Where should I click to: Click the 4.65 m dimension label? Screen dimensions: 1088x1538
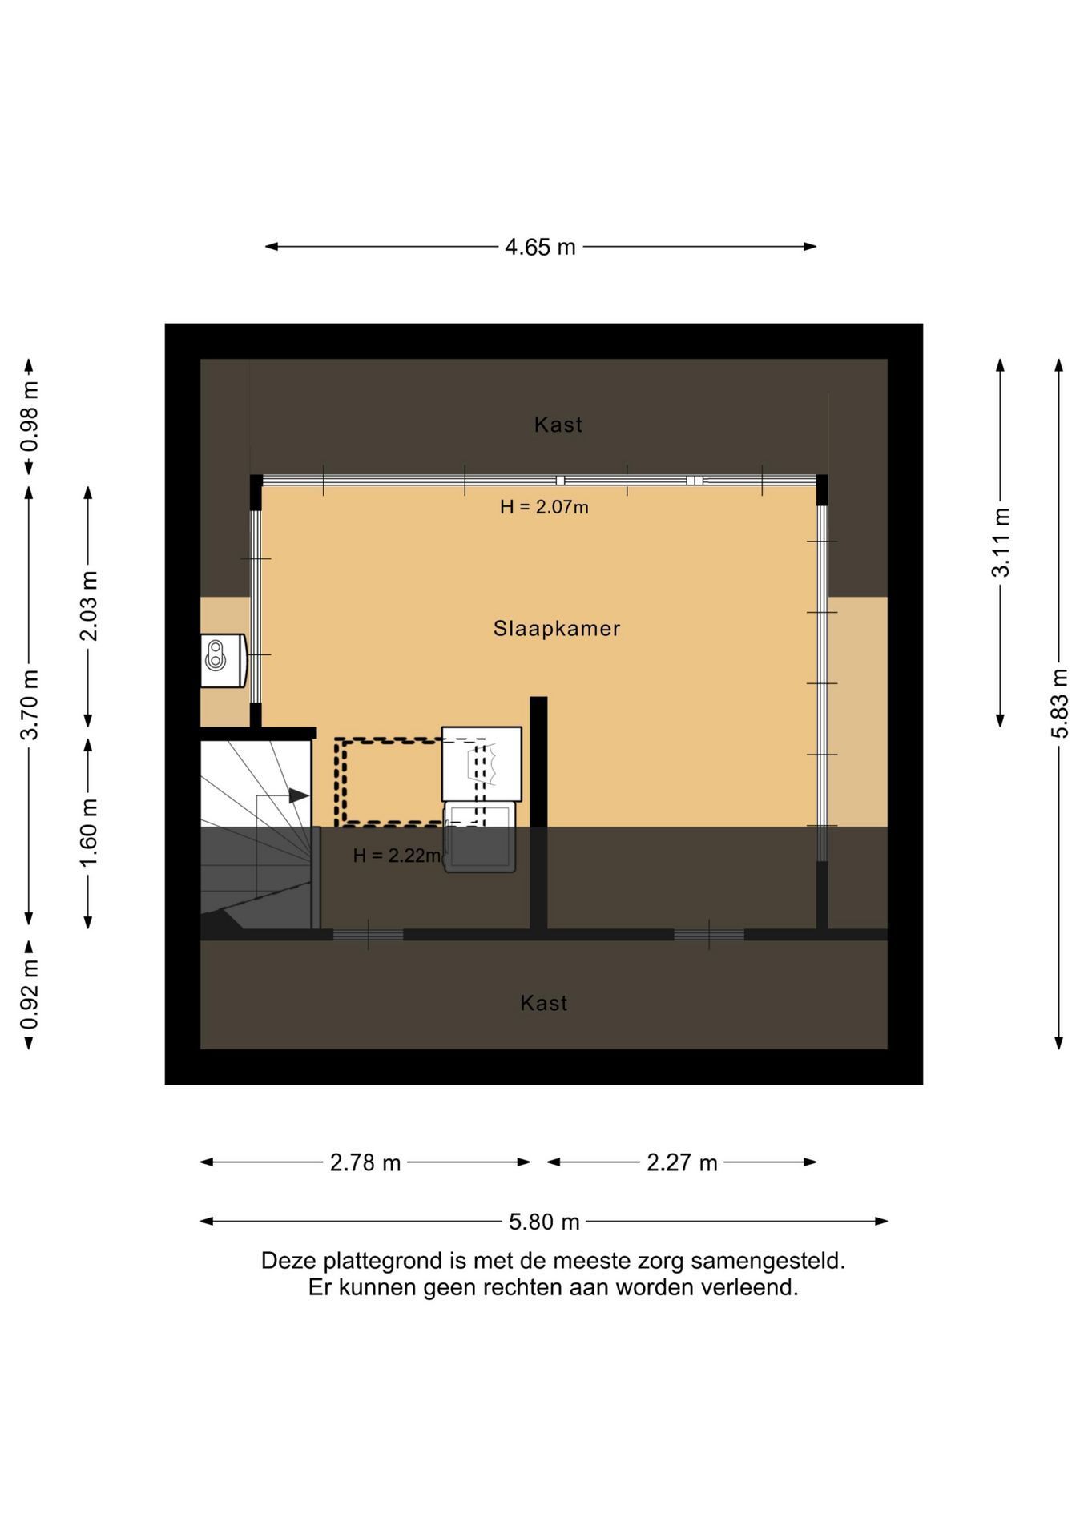click(x=540, y=247)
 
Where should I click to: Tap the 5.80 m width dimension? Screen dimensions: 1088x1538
click(x=544, y=1222)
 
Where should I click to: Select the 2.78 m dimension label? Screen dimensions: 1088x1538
click(x=365, y=1162)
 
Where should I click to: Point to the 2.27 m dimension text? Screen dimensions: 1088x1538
click(x=682, y=1162)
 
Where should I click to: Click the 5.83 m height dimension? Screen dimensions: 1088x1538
click(x=1059, y=703)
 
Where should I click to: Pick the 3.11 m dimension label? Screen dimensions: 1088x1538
click(x=1001, y=542)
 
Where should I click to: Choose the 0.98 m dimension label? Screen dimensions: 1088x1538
click(x=30, y=417)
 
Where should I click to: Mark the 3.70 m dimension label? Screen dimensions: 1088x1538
click(x=30, y=705)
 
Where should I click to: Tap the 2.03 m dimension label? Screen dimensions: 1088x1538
click(x=88, y=606)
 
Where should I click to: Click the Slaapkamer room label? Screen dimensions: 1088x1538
click(x=557, y=629)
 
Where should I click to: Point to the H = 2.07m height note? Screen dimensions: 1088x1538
click(x=544, y=507)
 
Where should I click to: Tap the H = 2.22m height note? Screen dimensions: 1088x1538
click(x=397, y=856)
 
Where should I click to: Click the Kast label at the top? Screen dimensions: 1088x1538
click(x=558, y=425)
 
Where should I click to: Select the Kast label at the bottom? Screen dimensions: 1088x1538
click(x=544, y=1003)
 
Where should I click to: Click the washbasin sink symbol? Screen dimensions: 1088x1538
click(x=223, y=660)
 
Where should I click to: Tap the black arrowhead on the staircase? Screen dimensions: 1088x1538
click(x=299, y=795)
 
